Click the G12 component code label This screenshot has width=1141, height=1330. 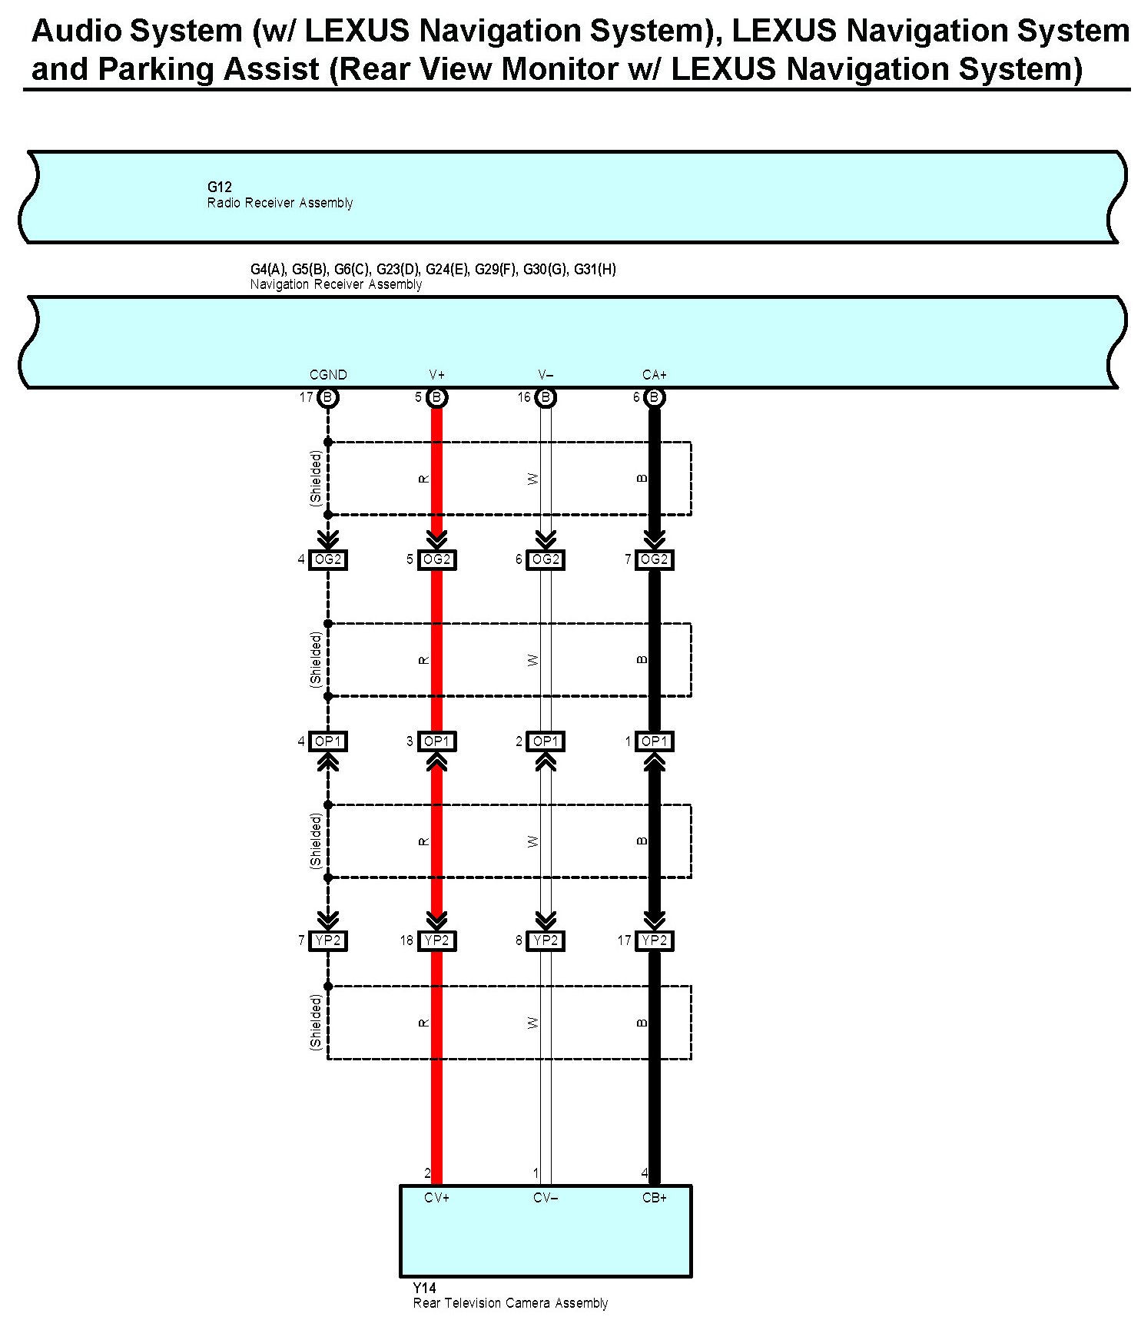click(x=219, y=187)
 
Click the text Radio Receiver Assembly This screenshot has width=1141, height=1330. click(x=280, y=203)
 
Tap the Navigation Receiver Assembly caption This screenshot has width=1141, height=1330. click(x=336, y=284)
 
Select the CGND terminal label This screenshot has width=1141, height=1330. click(x=328, y=375)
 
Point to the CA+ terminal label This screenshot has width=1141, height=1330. click(x=655, y=375)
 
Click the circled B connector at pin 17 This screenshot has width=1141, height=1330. click(x=328, y=397)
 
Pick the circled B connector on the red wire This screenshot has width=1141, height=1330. click(x=436, y=397)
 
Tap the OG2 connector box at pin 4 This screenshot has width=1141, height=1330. click(x=328, y=559)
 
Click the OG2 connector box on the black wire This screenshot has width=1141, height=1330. click(x=655, y=559)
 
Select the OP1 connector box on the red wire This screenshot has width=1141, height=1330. click(x=436, y=741)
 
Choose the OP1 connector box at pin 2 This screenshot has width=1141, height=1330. click(x=546, y=741)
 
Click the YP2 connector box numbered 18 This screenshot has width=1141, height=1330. click(x=436, y=940)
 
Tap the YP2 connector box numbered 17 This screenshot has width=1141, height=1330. click(x=655, y=940)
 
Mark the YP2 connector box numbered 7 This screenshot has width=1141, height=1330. click(x=328, y=940)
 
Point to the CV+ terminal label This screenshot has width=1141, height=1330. click(x=436, y=1198)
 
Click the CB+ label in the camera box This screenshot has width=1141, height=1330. click(x=655, y=1198)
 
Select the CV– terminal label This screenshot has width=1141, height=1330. click(x=546, y=1198)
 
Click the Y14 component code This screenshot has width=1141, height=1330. click(x=424, y=1288)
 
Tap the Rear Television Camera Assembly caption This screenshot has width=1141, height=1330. click(x=510, y=1303)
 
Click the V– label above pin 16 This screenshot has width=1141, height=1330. click(x=546, y=375)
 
